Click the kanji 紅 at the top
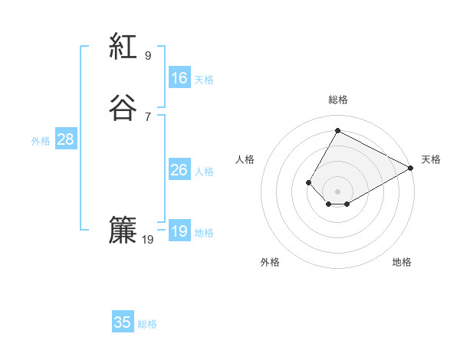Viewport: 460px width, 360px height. (x=123, y=47)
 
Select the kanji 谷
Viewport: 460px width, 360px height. (x=123, y=108)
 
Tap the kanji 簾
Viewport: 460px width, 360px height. (x=123, y=231)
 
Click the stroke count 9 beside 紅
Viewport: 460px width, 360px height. (x=148, y=56)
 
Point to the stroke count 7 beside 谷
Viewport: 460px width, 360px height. (x=148, y=116)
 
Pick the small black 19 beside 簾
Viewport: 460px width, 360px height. (x=148, y=240)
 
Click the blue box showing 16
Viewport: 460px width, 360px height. (x=179, y=78)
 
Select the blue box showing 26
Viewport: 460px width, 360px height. (x=179, y=170)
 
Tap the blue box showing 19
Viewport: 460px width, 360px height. (x=179, y=231)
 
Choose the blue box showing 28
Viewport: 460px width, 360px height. (x=65, y=139)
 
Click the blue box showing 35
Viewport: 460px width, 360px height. (x=123, y=322)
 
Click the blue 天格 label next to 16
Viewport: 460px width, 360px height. (x=204, y=79)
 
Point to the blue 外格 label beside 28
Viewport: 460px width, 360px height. (x=41, y=141)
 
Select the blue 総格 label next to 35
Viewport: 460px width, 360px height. (x=148, y=324)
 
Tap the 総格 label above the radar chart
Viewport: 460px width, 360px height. (x=338, y=100)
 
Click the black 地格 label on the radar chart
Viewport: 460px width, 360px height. (x=402, y=262)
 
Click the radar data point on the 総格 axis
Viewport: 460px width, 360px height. (x=337, y=130)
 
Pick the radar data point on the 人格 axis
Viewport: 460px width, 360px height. (x=308, y=182)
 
